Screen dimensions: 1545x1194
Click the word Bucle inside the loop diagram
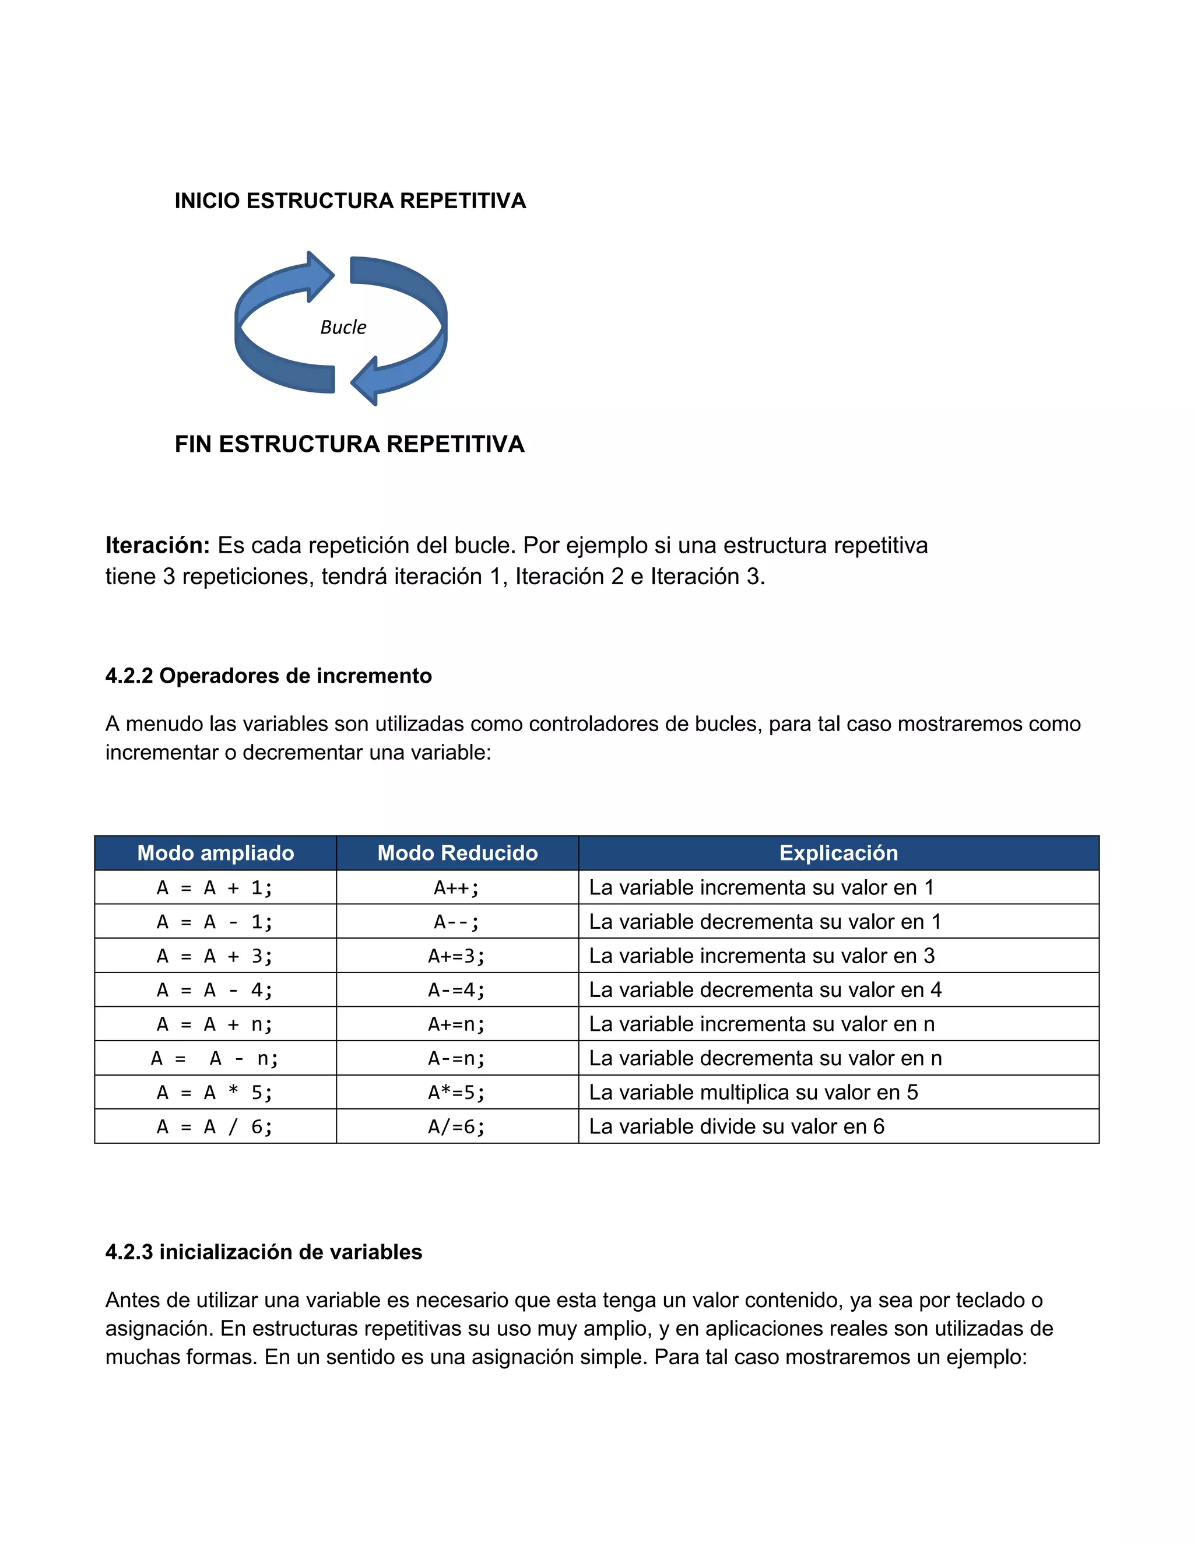[x=343, y=327]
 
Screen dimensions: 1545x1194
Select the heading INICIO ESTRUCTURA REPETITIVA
[x=350, y=201]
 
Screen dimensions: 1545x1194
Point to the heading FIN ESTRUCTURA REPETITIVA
[x=349, y=444]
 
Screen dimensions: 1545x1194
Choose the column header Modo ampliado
[x=215, y=852]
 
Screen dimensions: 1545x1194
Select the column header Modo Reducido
[x=457, y=852]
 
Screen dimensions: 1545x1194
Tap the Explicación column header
[x=838, y=852]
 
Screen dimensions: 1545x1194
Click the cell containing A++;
[x=457, y=887]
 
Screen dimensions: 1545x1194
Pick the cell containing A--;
[x=457, y=921]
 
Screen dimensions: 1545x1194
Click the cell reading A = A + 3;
[x=215, y=956]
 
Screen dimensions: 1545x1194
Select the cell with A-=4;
[x=457, y=990]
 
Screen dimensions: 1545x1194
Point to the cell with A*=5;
[x=457, y=1092]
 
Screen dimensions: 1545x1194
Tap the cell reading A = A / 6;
[x=215, y=1126]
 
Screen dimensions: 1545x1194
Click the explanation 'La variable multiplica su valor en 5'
[x=753, y=1092]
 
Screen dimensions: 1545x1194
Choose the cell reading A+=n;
[x=457, y=1024]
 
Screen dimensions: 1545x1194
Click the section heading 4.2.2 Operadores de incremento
[x=268, y=676]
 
